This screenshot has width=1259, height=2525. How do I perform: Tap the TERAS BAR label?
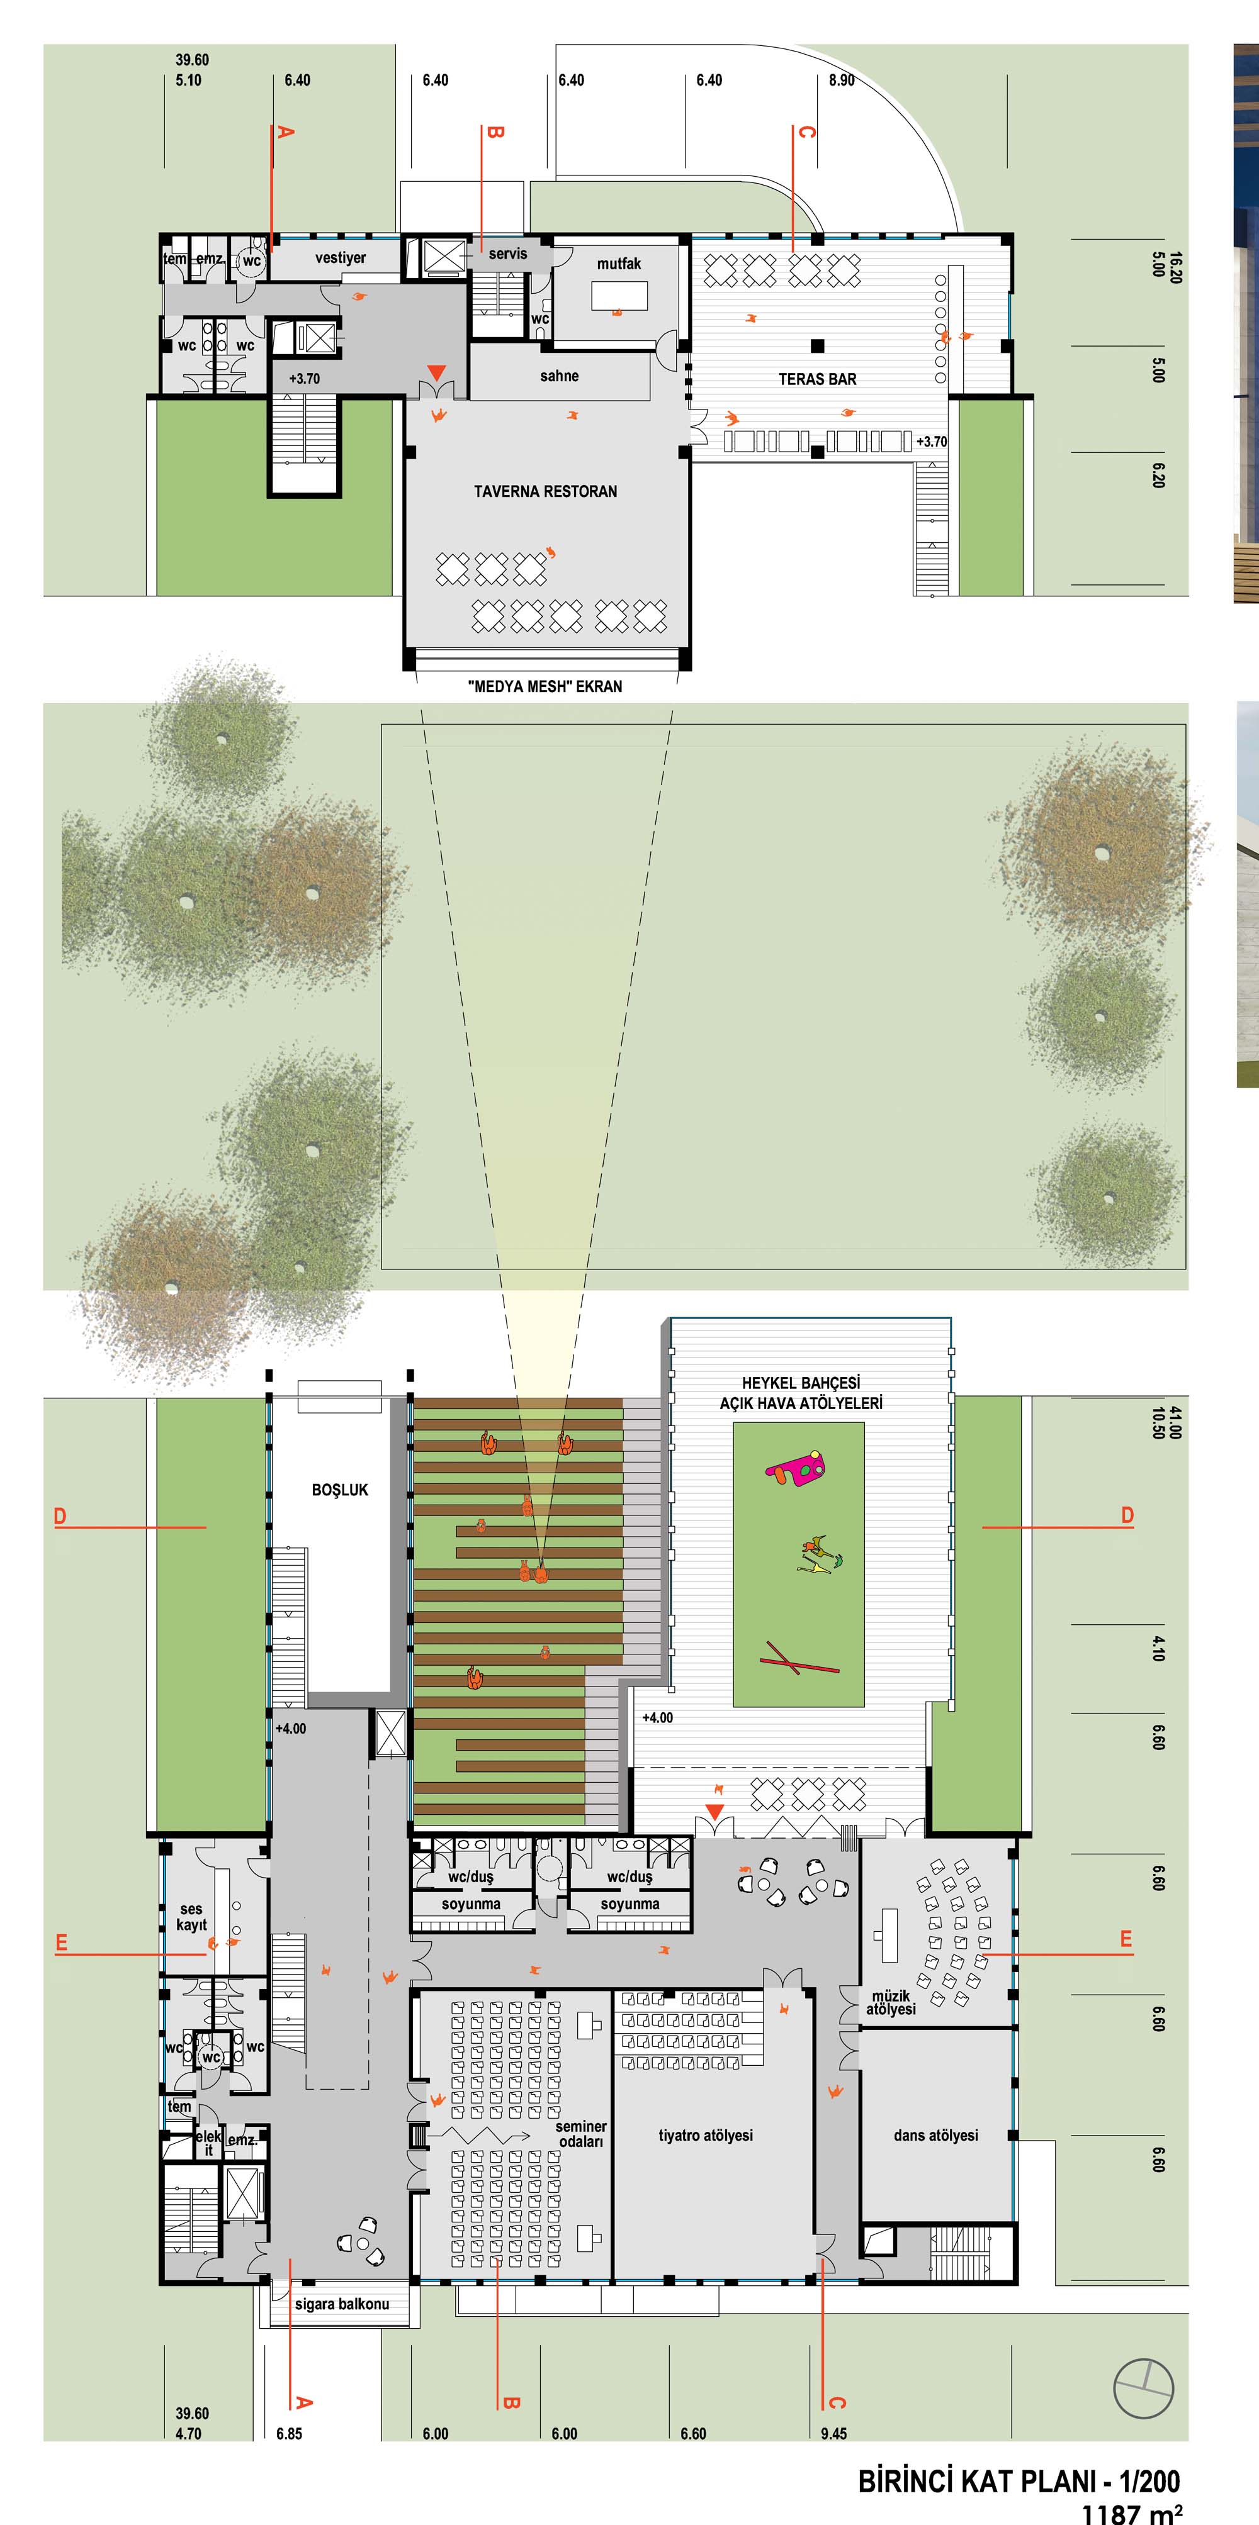coord(817,379)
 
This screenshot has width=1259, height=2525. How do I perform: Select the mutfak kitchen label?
coord(619,264)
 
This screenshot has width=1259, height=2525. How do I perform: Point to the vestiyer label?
coord(340,258)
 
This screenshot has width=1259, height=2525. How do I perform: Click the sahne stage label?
coord(559,376)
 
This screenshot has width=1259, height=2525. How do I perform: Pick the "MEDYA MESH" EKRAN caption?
coord(545,686)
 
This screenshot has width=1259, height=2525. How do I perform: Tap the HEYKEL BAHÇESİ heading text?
coord(801,1382)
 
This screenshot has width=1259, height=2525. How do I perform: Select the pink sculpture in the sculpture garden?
coord(796,1466)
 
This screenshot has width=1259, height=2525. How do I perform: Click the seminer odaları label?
coord(580,2134)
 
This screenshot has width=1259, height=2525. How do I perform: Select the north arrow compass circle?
coord(1143,2388)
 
